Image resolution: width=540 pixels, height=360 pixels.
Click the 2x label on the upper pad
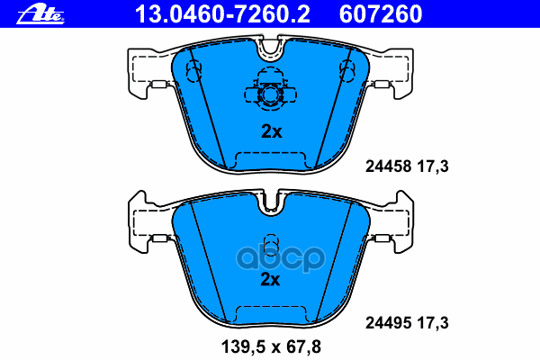(x=271, y=131)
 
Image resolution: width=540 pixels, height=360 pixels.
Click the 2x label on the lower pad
(x=271, y=279)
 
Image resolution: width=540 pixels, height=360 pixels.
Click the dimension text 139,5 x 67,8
(x=270, y=346)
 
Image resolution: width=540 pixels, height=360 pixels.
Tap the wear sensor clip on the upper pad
(x=269, y=94)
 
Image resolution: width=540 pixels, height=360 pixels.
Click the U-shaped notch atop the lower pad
(x=269, y=204)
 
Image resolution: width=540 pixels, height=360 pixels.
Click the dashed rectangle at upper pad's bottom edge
(x=270, y=159)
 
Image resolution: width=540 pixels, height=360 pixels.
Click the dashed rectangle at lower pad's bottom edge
(x=270, y=313)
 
